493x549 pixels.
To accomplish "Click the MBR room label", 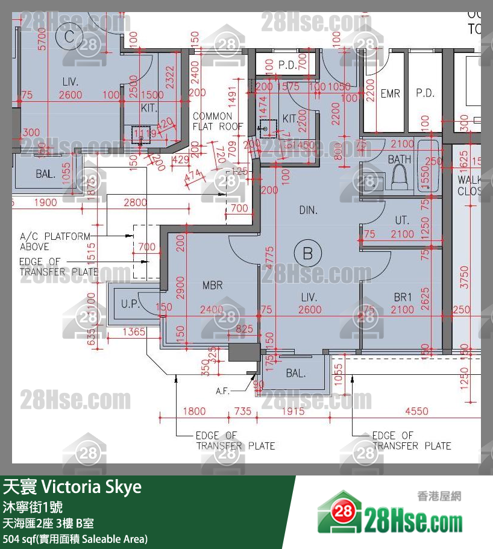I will point(212,285).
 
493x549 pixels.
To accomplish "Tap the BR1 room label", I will point(403,297).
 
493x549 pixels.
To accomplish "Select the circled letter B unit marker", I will point(307,254).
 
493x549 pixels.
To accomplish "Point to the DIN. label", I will point(308,210).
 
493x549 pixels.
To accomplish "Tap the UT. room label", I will point(402,221).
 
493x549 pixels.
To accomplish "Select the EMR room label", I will point(390,93).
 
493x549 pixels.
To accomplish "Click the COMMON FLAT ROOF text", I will point(217,121).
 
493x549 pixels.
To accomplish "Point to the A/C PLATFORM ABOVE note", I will point(55,242).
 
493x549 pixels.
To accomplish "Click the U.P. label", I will point(130,304).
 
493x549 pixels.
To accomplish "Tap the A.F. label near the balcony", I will point(223,391).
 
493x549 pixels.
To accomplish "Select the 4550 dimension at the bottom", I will point(416,412).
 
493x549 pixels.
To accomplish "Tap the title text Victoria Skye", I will point(72,487).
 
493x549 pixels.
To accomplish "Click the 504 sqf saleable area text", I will point(75,539).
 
